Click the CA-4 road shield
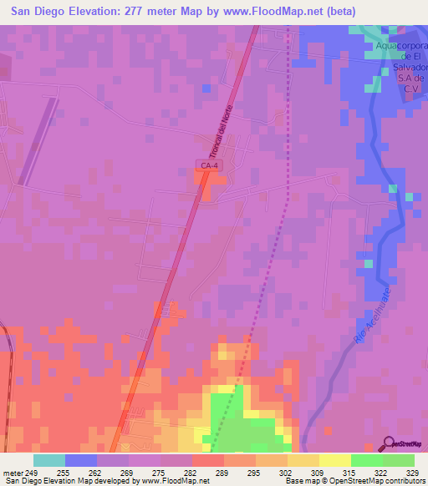coord(210,166)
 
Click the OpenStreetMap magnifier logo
coord(390,443)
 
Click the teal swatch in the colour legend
coord(49,460)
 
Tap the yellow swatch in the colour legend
coord(335,460)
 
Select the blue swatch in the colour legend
coord(81,460)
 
